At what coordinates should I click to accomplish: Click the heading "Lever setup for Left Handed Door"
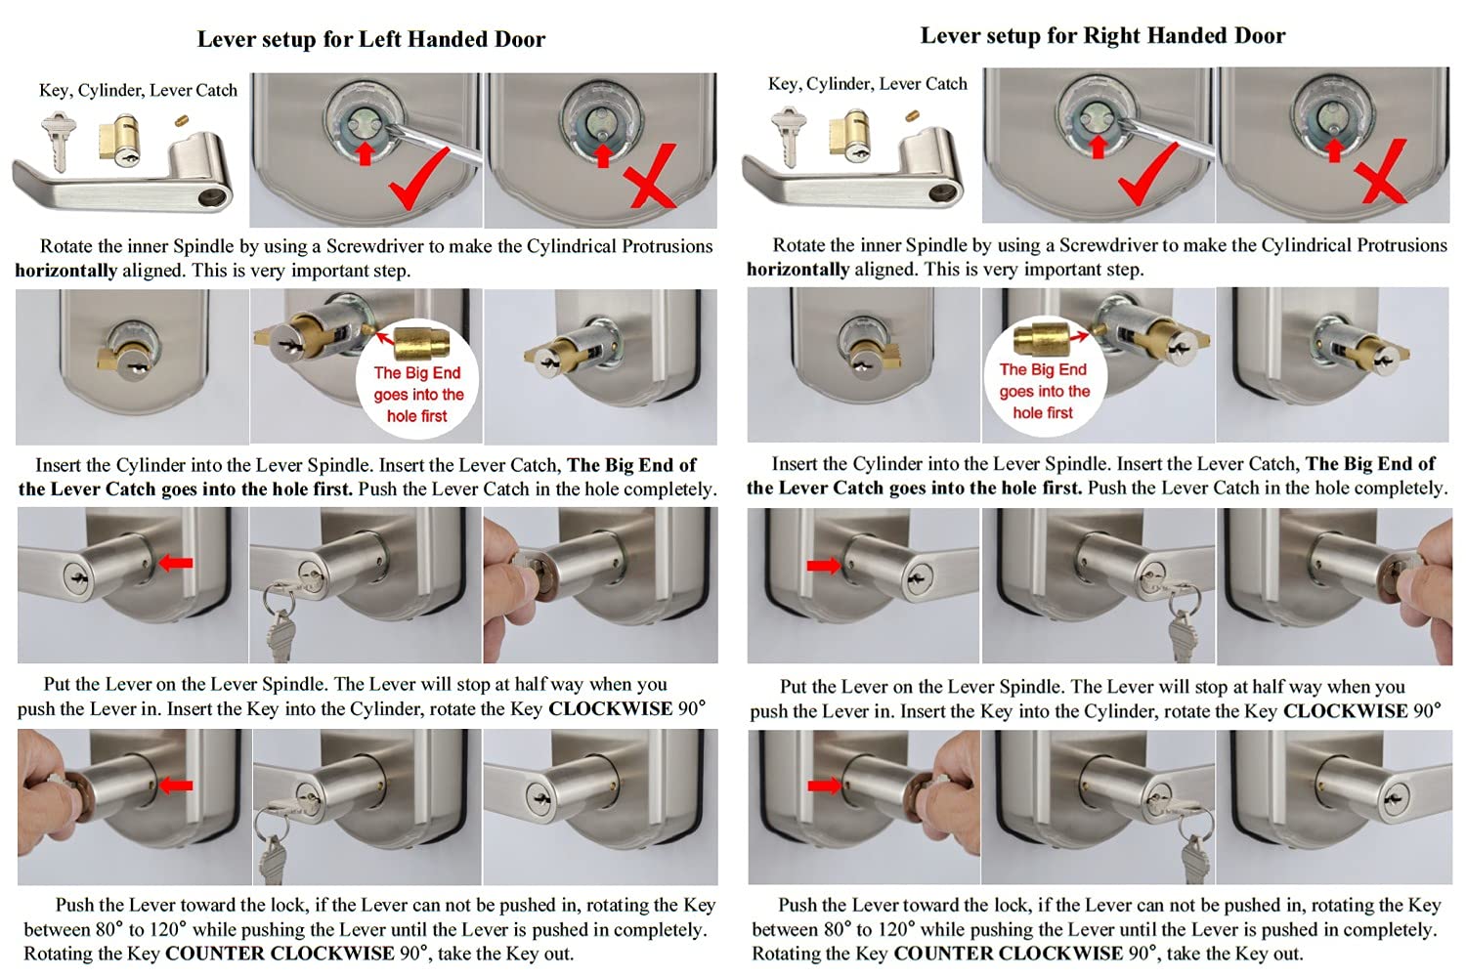tap(371, 39)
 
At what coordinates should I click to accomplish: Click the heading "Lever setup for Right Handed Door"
tap(1102, 36)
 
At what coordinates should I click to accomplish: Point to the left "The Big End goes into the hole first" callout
tap(417, 381)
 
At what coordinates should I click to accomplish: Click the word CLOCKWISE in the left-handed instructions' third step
tap(611, 708)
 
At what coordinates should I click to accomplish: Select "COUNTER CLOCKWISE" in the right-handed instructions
tap(1009, 953)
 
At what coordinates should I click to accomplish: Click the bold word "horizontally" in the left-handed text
tap(66, 271)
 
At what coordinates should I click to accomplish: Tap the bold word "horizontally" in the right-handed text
tap(798, 269)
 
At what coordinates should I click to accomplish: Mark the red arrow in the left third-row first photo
tap(176, 563)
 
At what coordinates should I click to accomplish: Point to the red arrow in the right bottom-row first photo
tap(824, 785)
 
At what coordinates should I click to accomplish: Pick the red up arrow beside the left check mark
tap(365, 152)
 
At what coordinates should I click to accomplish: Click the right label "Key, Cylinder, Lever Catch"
tap(868, 84)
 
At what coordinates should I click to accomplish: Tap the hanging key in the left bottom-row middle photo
tap(273, 850)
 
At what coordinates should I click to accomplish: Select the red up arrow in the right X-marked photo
tap(1335, 149)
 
